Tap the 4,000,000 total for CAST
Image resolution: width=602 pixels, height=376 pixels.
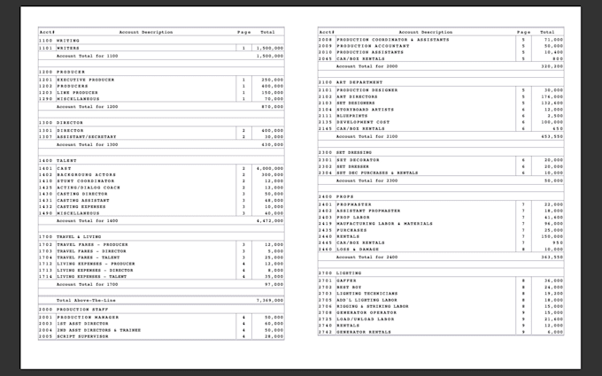coord(269,168)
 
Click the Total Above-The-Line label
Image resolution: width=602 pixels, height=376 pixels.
coord(85,300)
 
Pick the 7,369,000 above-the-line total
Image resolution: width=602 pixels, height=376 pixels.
coord(269,300)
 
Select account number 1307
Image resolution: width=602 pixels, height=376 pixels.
coord(45,137)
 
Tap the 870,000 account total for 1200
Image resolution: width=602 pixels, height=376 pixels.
coord(272,106)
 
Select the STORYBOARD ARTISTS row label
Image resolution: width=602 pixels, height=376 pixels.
coord(368,109)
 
